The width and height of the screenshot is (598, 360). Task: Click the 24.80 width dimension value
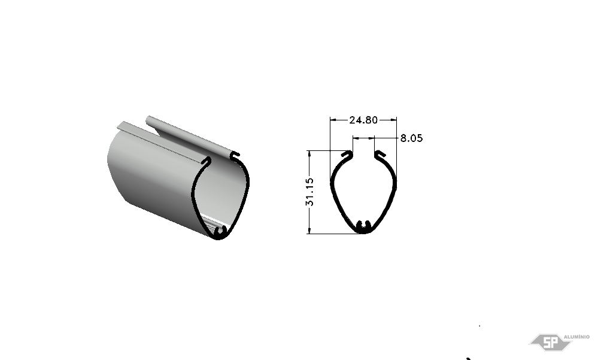(363, 120)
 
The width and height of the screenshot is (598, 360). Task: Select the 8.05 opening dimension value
(411, 138)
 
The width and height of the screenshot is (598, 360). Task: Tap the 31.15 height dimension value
(309, 192)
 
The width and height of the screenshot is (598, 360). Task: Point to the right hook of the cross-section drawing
(380, 154)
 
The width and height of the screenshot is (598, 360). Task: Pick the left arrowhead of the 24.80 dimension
(333, 120)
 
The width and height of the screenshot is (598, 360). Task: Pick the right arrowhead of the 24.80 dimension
(393, 120)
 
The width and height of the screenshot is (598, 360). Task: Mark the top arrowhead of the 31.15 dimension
(309, 154)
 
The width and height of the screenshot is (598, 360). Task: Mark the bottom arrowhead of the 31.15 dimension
(309, 230)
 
